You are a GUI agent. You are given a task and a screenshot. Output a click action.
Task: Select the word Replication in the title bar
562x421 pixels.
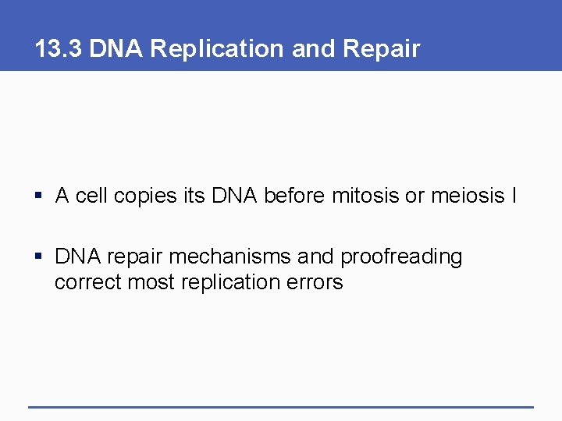tap(219, 48)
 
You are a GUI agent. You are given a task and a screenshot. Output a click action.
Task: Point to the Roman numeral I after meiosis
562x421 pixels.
tap(514, 196)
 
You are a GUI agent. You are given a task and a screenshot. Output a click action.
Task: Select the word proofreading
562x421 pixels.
tap(401, 256)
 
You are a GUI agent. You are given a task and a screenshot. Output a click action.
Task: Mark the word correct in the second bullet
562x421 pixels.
tap(87, 281)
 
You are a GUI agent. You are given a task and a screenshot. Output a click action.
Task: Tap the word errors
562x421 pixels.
tap(315, 281)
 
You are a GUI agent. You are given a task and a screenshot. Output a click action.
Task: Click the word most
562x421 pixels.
tap(151, 281)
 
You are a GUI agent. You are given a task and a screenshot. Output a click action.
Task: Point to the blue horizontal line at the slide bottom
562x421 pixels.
tap(281, 406)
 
